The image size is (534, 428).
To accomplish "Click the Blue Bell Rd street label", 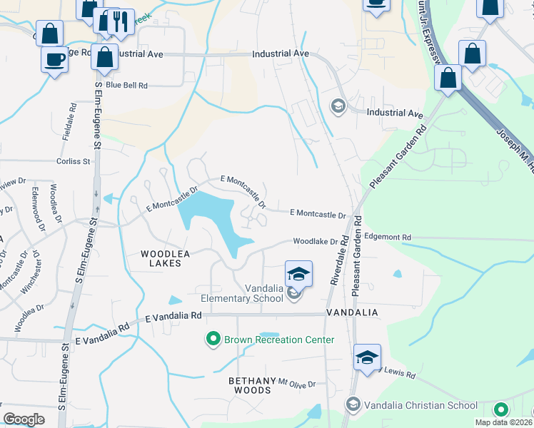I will [126, 85].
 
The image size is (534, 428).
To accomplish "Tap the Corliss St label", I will [74, 161].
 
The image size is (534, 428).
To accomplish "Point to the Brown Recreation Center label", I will [279, 340].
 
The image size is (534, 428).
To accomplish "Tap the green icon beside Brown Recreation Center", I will [213, 339].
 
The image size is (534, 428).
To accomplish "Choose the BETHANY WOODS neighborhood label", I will [250, 386].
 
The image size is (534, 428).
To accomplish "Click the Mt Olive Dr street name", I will [296, 384].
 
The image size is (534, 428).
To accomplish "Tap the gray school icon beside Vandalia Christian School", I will [352, 404].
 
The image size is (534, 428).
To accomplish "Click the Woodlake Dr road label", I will [315, 242].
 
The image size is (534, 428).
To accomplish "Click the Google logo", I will [24, 419].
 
